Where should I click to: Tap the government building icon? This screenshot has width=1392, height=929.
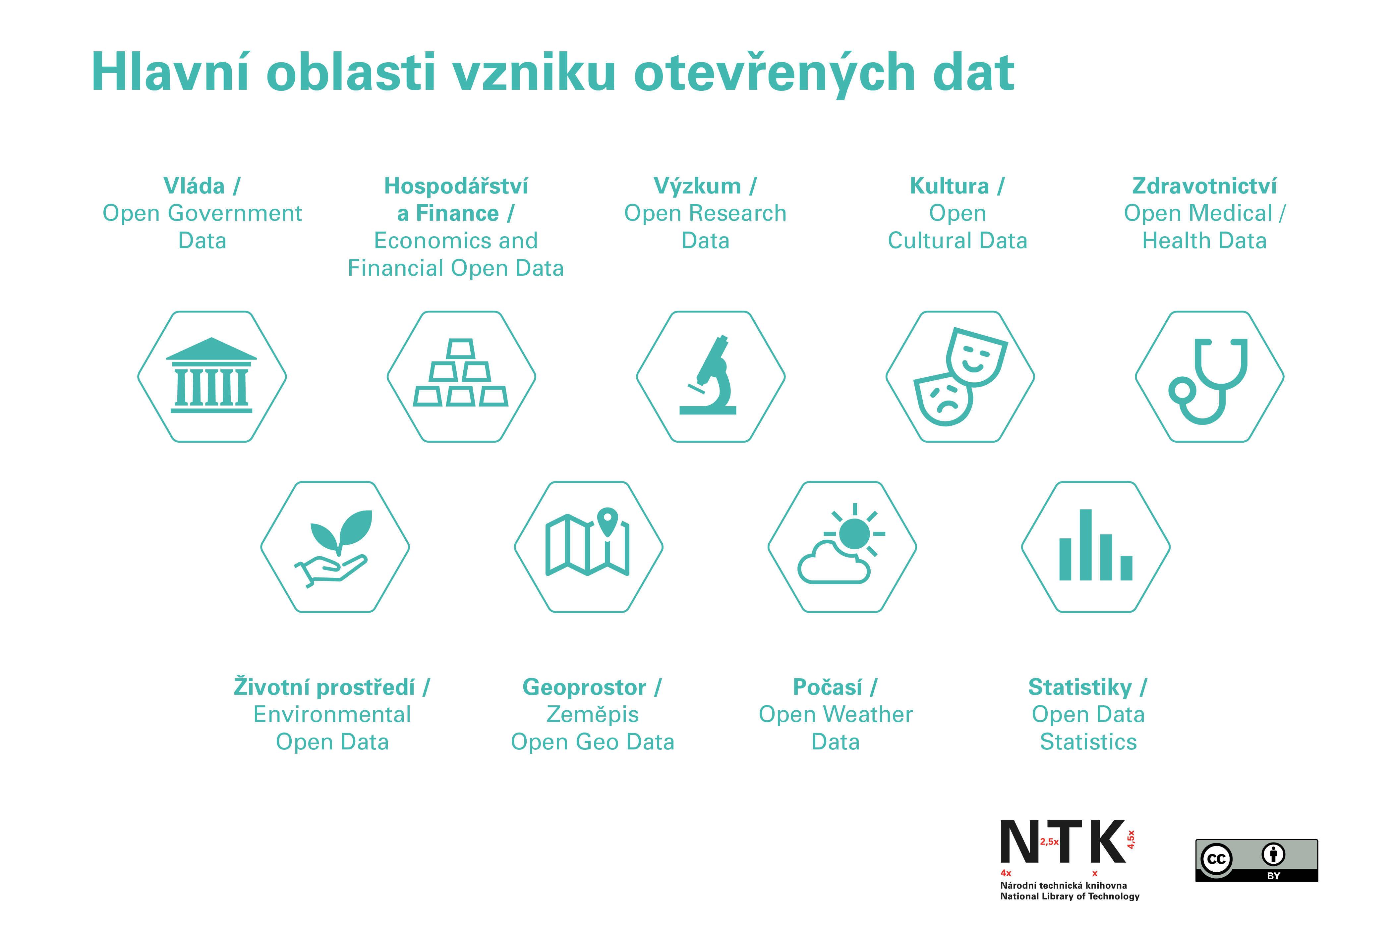tap(211, 375)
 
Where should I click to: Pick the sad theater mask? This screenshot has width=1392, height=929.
tap(943, 399)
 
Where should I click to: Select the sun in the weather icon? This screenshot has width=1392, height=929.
tap(854, 533)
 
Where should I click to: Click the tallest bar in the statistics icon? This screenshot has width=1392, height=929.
tap(1086, 544)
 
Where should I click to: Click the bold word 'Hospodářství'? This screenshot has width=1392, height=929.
tap(456, 186)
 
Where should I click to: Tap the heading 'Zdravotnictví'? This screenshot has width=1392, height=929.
tap(1204, 186)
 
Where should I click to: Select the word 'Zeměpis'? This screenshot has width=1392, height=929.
tap(593, 715)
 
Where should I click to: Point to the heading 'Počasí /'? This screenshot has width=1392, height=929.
tap(835, 687)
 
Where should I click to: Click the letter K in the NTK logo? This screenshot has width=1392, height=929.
tap(1107, 841)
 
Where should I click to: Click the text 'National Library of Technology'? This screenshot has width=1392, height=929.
tap(1070, 897)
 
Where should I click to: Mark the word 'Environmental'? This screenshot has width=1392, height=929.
tap(332, 715)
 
